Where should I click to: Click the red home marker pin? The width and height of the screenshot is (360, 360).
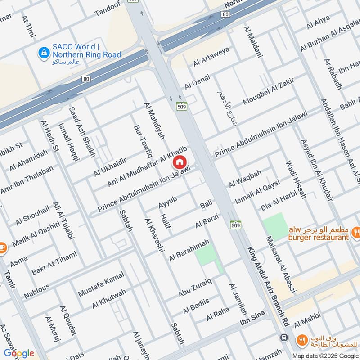[180, 162]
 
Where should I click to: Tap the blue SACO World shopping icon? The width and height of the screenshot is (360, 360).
[44, 53]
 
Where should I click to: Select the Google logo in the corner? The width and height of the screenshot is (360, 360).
[19, 353]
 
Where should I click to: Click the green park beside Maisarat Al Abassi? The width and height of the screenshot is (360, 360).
[275, 226]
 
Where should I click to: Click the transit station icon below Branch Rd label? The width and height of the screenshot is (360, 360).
[284, 337]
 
